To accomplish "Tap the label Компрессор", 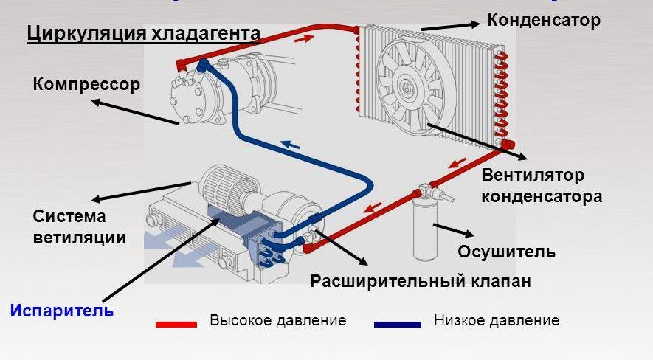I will pos(86,84).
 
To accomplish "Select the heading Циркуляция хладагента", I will pos(143,34).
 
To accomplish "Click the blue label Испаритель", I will pos(62,311).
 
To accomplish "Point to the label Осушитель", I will pos(506,252).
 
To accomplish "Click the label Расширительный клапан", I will pos(421,282).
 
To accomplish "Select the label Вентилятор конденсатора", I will pos(542,186).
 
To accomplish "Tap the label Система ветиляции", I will pos(79,227).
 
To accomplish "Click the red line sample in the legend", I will pos(176,323).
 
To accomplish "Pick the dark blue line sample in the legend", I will pos(397,323).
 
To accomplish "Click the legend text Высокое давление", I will pos(277,321).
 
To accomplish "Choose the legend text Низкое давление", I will pos(497,321).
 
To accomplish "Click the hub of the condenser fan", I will pos(407,90).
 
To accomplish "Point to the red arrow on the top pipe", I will pos(302,39).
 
